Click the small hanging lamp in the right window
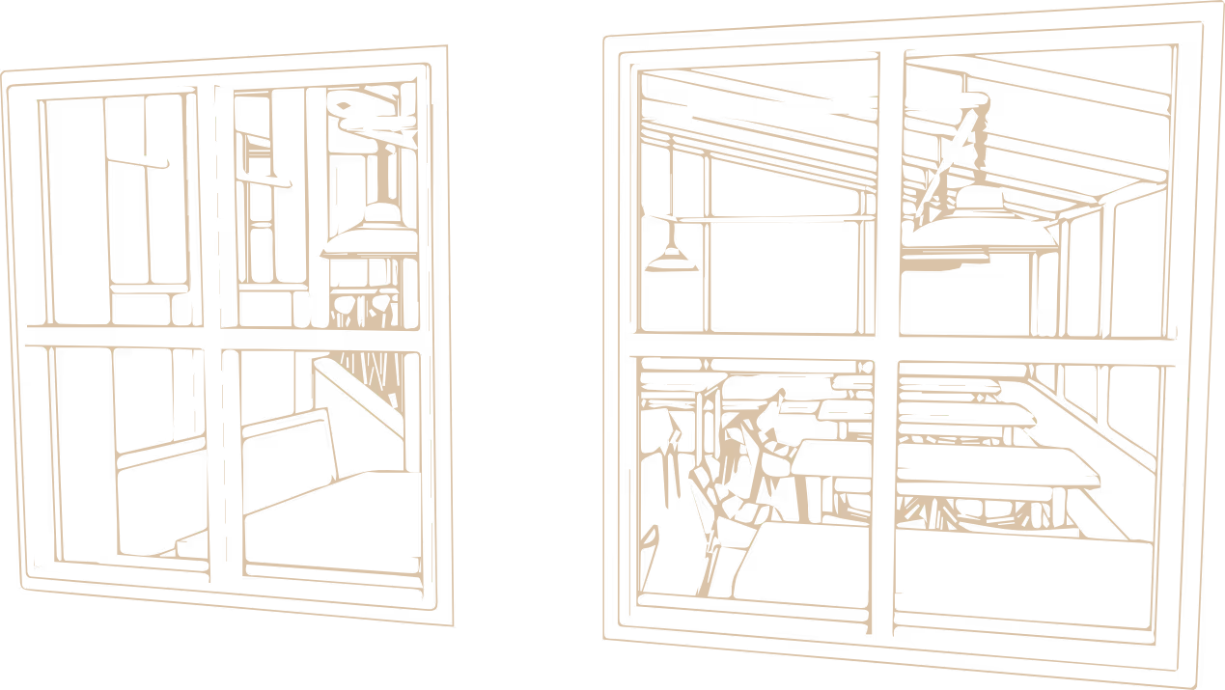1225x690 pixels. tap(672, 259)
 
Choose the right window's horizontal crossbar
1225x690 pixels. tap(753, 345)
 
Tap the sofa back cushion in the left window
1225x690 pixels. tap(290, 444)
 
